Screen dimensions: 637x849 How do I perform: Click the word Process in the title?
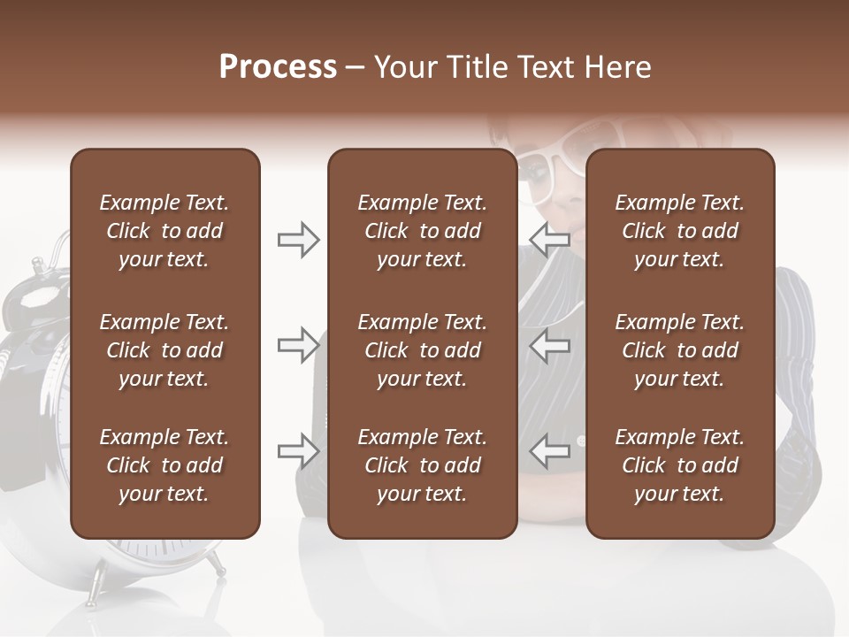pos(278,67)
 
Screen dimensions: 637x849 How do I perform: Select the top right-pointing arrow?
pos(299,240)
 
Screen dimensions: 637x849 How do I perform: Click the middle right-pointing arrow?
pos(299,345)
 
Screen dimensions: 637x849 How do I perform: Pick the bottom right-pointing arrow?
pos(299,451)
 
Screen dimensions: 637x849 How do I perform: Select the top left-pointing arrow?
pos(550,240)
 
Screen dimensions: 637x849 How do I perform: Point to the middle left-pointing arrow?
pos(550,345)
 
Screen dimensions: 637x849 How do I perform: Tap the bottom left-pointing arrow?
pos(550,451)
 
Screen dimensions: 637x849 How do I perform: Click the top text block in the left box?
pos(164,231)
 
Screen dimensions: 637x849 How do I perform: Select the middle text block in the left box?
pos(164,350)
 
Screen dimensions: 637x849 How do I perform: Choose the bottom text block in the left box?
pos(164,465)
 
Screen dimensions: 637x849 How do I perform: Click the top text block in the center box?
pos(422,231)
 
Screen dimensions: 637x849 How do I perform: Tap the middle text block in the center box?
pos(422,350)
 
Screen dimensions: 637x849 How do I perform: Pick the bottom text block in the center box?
pos(422,465)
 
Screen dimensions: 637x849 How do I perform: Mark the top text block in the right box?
pos(679,231)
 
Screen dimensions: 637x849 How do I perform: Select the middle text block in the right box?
pos(679,350)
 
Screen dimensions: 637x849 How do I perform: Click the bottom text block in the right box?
pos(679,465)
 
